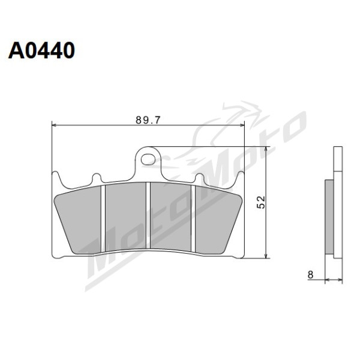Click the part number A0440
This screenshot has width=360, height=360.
coord(41,50)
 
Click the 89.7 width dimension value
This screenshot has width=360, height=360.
coord(148,120)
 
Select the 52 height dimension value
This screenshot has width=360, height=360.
coord(261,202)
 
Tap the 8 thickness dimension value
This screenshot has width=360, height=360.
coord(310,275)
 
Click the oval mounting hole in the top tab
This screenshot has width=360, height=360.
coord(148,160)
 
